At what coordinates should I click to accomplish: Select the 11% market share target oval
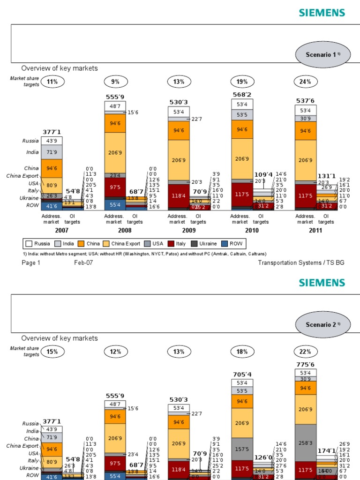[x=52, y=82]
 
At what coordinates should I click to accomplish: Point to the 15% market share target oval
[x=52, y=352]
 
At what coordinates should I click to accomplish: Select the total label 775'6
[x=305, y=364]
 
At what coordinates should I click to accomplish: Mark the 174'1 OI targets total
[x=327, y=451]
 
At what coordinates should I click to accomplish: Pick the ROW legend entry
[x=234, y=244]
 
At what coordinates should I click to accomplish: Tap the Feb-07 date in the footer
[x=83, y=263]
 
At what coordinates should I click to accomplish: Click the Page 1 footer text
[x=31, y=263]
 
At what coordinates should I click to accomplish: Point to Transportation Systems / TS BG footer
[x=301, y=263]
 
